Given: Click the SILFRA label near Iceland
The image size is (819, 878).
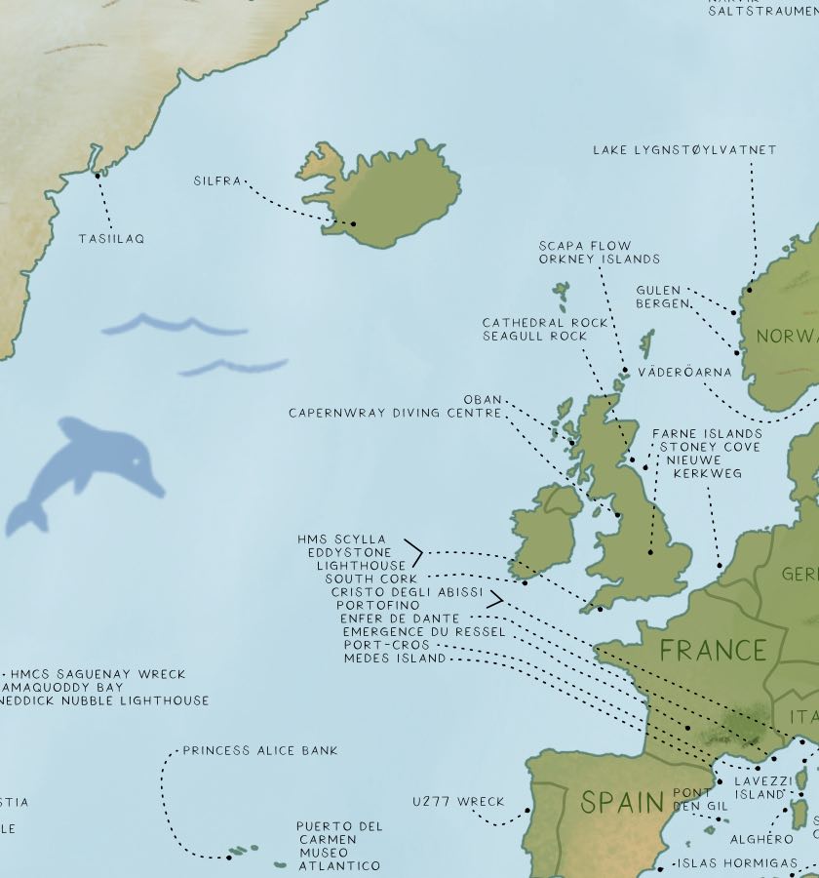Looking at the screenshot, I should coord(216,181).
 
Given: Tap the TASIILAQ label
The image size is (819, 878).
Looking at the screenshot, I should coord(111,239).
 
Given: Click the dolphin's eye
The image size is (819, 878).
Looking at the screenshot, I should coord(135,459).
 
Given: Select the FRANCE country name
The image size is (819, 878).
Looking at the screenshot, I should coord(713,650).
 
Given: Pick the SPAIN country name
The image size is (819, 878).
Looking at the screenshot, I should coord(622,803).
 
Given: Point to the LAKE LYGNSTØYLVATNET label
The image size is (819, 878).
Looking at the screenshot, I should coord(684,150).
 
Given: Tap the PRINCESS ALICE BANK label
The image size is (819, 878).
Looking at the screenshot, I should coord(260,751).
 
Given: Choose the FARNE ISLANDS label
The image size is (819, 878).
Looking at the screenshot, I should coord(707,433).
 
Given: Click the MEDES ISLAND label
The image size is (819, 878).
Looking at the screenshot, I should coord(395,658).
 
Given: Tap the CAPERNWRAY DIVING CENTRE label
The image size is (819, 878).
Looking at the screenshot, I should coord(395,413).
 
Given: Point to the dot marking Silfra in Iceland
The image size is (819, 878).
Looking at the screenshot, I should coord(354,223).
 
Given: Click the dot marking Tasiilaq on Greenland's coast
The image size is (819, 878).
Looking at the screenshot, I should coord(97,176).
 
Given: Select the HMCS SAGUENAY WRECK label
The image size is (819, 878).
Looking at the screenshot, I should coord(97,674).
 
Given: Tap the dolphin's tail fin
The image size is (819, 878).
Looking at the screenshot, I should coord(24,518).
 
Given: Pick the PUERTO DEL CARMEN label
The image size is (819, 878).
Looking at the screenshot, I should coord(339,833).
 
